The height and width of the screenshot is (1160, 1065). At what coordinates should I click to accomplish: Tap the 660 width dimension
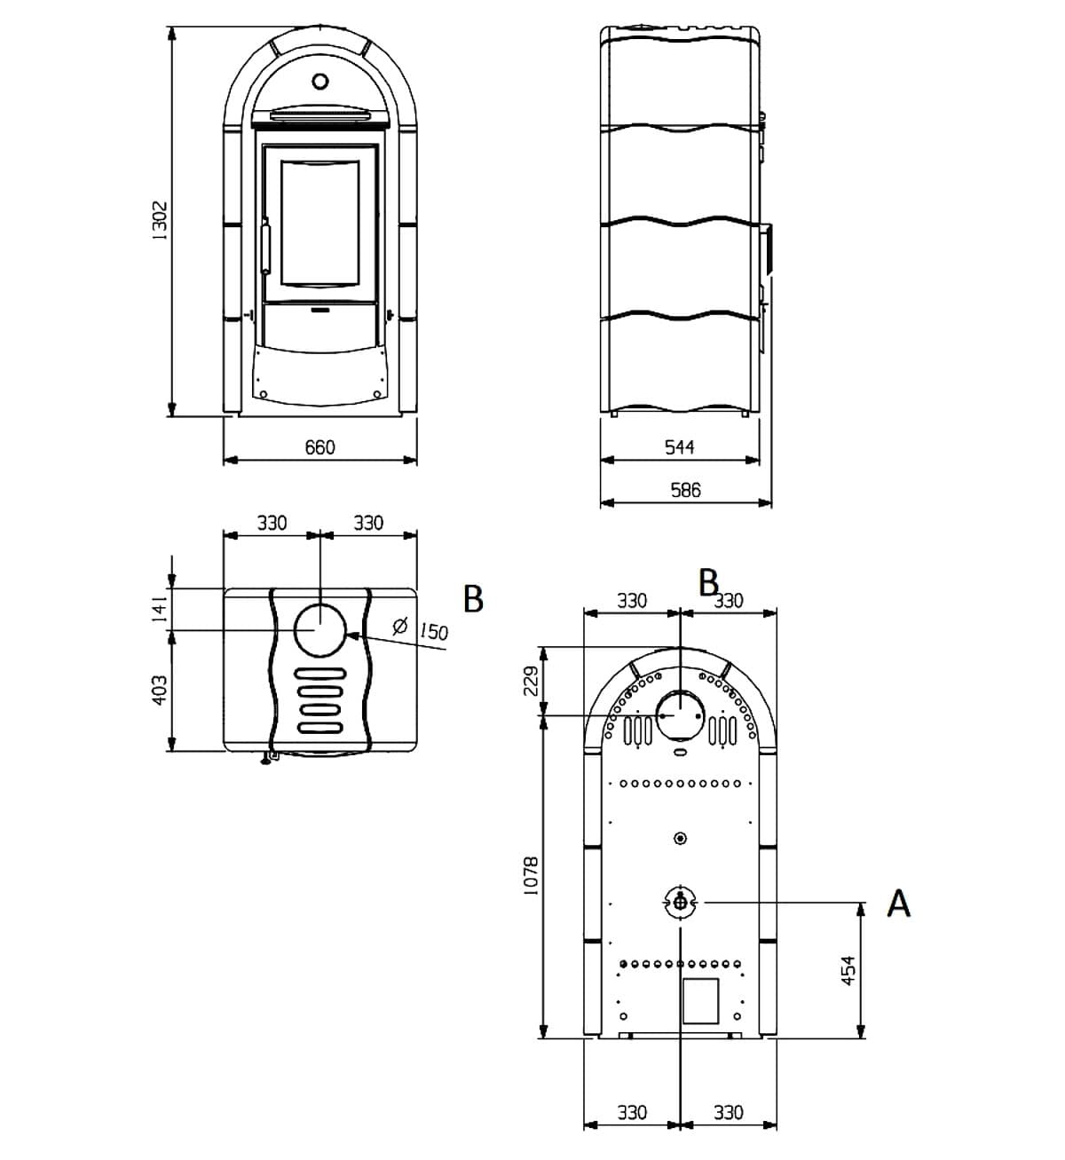click(319, 447)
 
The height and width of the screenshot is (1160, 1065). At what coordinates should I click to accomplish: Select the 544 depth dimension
click(680, 447)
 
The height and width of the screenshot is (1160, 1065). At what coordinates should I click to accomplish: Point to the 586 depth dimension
click(686, 490)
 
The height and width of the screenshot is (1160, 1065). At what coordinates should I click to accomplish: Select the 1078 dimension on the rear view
click(531, 876)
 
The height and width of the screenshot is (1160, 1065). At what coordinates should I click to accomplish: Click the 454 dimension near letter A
click(848, 970)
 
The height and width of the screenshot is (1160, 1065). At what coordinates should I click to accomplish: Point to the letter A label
click(899, 904)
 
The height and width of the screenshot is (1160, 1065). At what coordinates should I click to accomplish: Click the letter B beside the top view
click(474, 599)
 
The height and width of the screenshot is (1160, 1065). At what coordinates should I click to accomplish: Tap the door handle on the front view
click(264, 246)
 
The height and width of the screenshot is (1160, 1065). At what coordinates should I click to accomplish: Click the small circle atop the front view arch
click(320, 82)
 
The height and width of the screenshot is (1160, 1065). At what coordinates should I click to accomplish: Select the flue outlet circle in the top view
click(319, 630)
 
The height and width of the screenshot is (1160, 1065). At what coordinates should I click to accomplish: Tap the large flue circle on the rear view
click(680, 714)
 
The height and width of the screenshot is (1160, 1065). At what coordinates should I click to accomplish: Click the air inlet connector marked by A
click(680, 903)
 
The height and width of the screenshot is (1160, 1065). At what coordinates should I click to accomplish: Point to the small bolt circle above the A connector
click(680, 838)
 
